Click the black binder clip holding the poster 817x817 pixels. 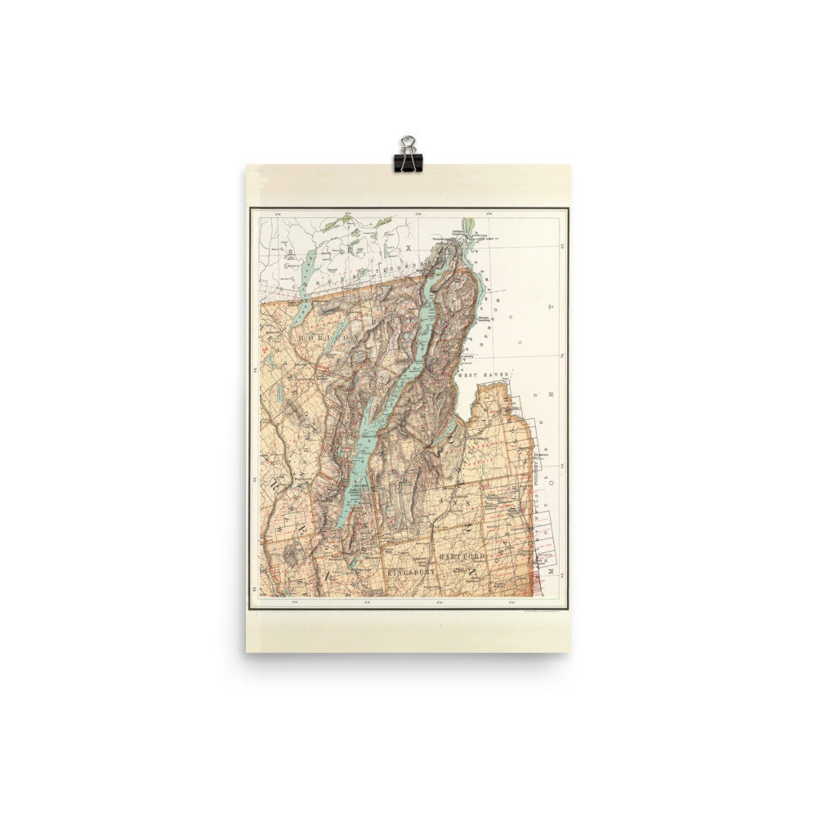[406, 153]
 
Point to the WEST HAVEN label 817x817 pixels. [483, 374]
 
